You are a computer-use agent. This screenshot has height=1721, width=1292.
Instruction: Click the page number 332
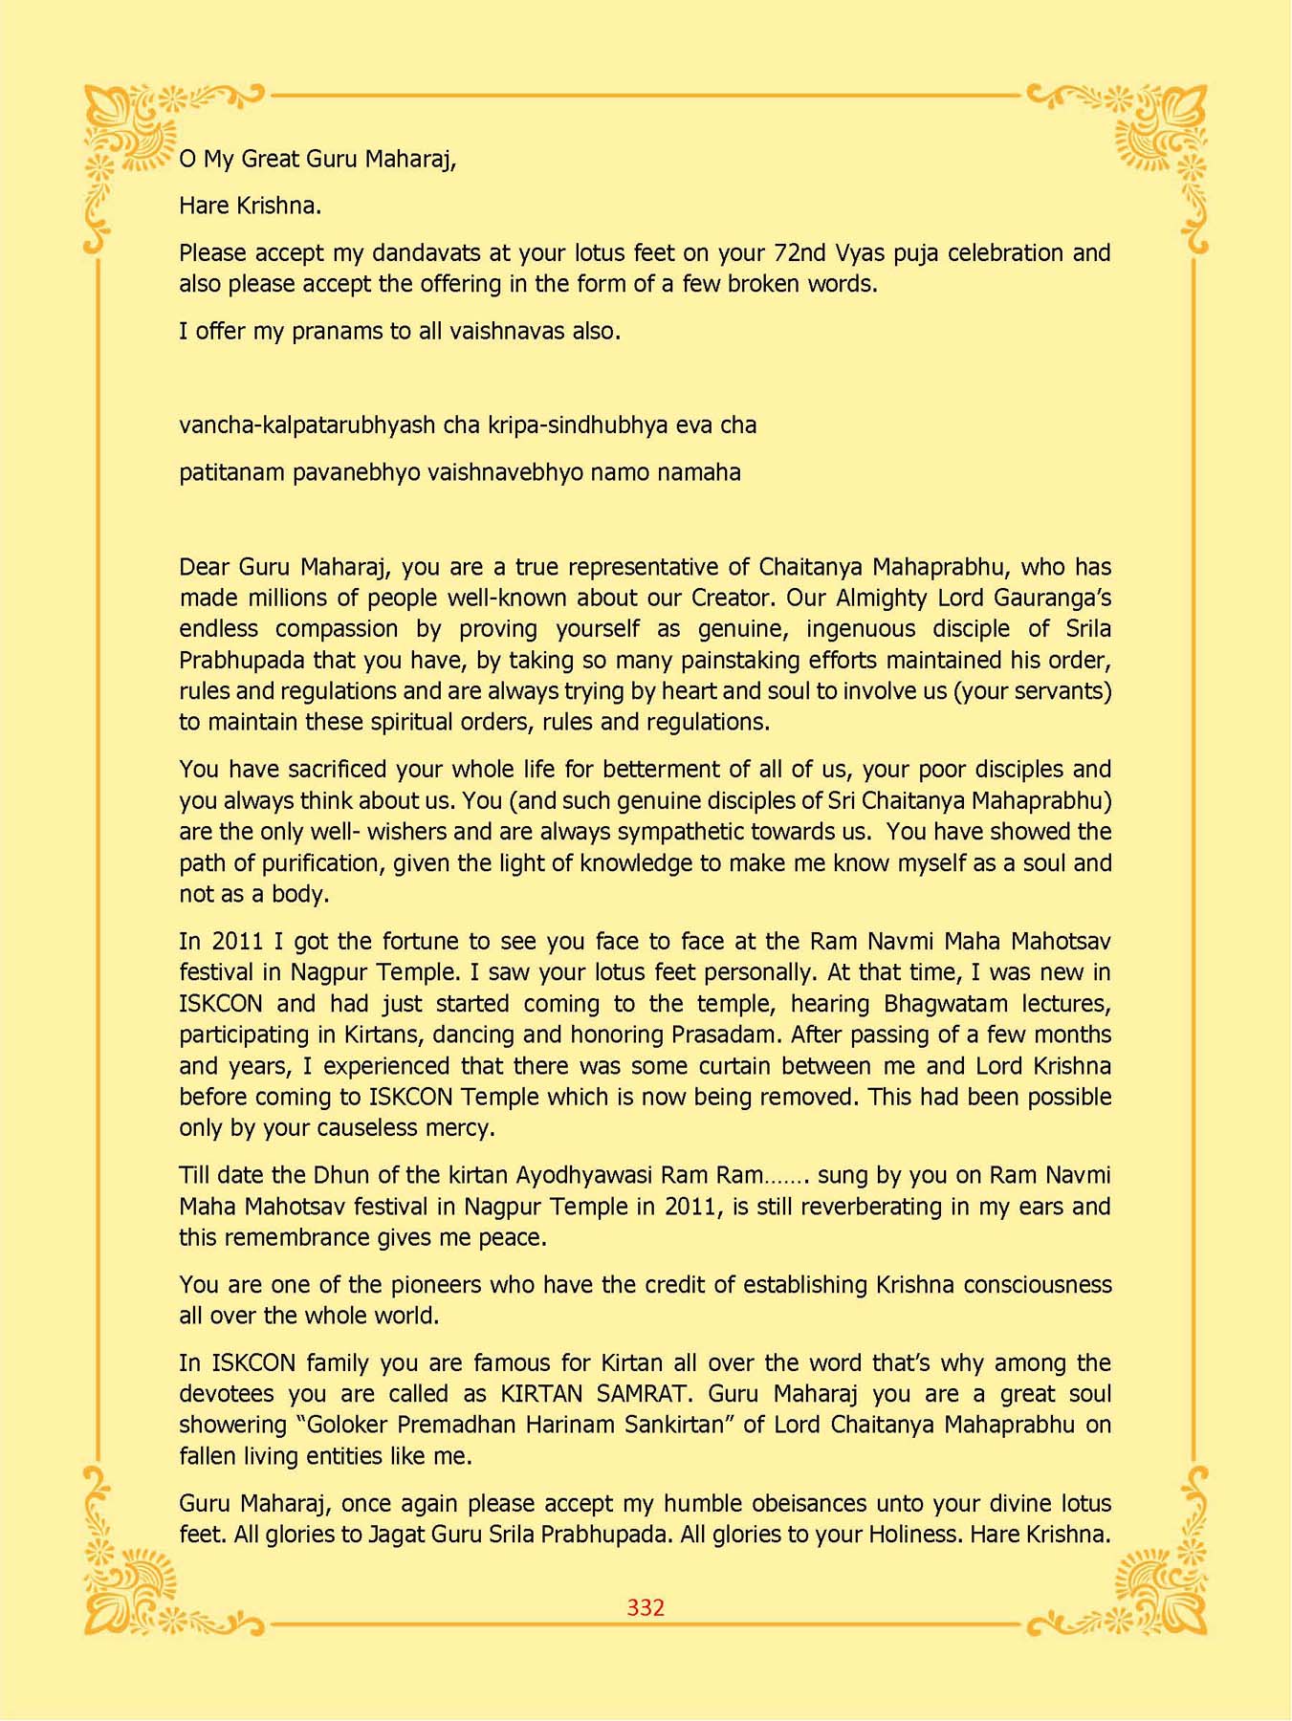pyautogui.click(x=646, y=1607)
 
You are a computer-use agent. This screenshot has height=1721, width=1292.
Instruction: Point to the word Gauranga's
pyautogui.click(x=1058, y=599)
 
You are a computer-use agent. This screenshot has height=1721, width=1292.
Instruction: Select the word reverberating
pyautogui.click(x=871, y=1207)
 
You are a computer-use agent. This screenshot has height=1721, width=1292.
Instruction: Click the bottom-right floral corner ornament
pyautogui.click(x=1159, y=1585)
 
